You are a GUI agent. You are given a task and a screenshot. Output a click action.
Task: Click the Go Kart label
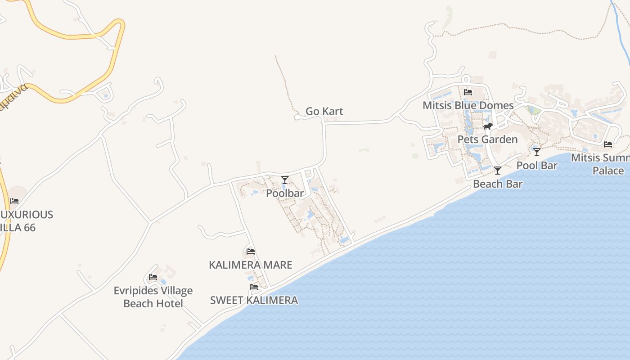point(324,111)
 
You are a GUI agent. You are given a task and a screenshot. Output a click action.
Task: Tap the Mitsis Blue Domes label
point(468,105)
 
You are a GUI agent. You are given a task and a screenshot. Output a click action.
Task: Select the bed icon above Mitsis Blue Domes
point(468,92)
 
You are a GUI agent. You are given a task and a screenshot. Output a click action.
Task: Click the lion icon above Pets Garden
point(488,126)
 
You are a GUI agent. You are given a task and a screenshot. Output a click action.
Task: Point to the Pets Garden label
point(487,139)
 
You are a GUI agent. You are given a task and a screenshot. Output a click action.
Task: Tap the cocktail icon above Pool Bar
point(537,152)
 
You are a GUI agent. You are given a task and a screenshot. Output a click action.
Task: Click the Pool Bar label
point(537,165)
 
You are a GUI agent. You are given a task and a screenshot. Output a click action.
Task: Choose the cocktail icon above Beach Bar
point(498,171)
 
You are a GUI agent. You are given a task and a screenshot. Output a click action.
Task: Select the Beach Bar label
point(498,184)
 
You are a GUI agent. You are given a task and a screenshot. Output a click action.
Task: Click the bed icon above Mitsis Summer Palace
point(608,144)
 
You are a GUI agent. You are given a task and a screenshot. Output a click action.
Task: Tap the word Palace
point(608,171)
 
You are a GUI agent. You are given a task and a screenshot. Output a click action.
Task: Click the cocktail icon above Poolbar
point(285,180)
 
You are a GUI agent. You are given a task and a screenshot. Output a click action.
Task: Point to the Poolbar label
point(285,193)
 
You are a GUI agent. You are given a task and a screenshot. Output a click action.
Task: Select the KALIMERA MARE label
point(251,265)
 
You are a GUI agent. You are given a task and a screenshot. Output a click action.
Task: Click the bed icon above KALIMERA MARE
point(251,252)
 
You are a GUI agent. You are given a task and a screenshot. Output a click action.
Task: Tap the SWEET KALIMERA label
point(254,300)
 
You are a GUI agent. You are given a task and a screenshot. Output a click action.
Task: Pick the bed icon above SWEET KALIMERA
point(254,287)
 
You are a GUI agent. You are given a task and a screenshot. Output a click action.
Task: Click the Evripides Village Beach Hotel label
point(153,297)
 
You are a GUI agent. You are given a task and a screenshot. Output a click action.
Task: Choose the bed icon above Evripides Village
point(153,277)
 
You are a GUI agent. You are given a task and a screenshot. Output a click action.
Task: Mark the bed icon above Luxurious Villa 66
point(14,201)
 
